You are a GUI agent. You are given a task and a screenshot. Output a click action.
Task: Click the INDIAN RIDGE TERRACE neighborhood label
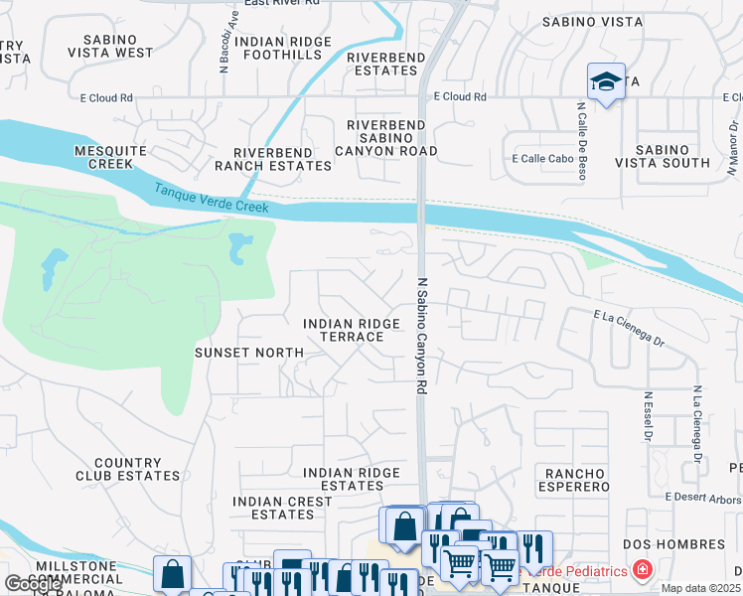(x=343, y=331)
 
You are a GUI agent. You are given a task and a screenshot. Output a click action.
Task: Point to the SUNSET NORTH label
(x=248, y=353)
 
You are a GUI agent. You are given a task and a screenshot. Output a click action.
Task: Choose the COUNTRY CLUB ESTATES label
(x=126, y=470)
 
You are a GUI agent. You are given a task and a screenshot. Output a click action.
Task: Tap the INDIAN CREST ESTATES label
(x=282, y=509)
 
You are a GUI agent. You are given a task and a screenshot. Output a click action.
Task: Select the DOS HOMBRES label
(x=673, y=544)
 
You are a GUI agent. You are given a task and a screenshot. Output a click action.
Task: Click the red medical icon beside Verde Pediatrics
(x=643, y=570)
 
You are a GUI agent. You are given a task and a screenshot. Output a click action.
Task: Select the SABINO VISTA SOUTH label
(x=663, y=156)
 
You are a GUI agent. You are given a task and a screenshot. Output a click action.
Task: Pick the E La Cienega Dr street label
(x=628, y=326)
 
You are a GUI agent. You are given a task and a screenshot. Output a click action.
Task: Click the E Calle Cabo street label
(x=541, y=158)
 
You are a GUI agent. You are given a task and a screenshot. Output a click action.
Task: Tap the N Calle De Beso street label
(x=581, y=139)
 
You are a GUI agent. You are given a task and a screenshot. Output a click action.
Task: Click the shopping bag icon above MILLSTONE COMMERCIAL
(x=173, y=573)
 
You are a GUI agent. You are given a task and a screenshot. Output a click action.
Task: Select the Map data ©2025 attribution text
(x=701, y=588)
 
